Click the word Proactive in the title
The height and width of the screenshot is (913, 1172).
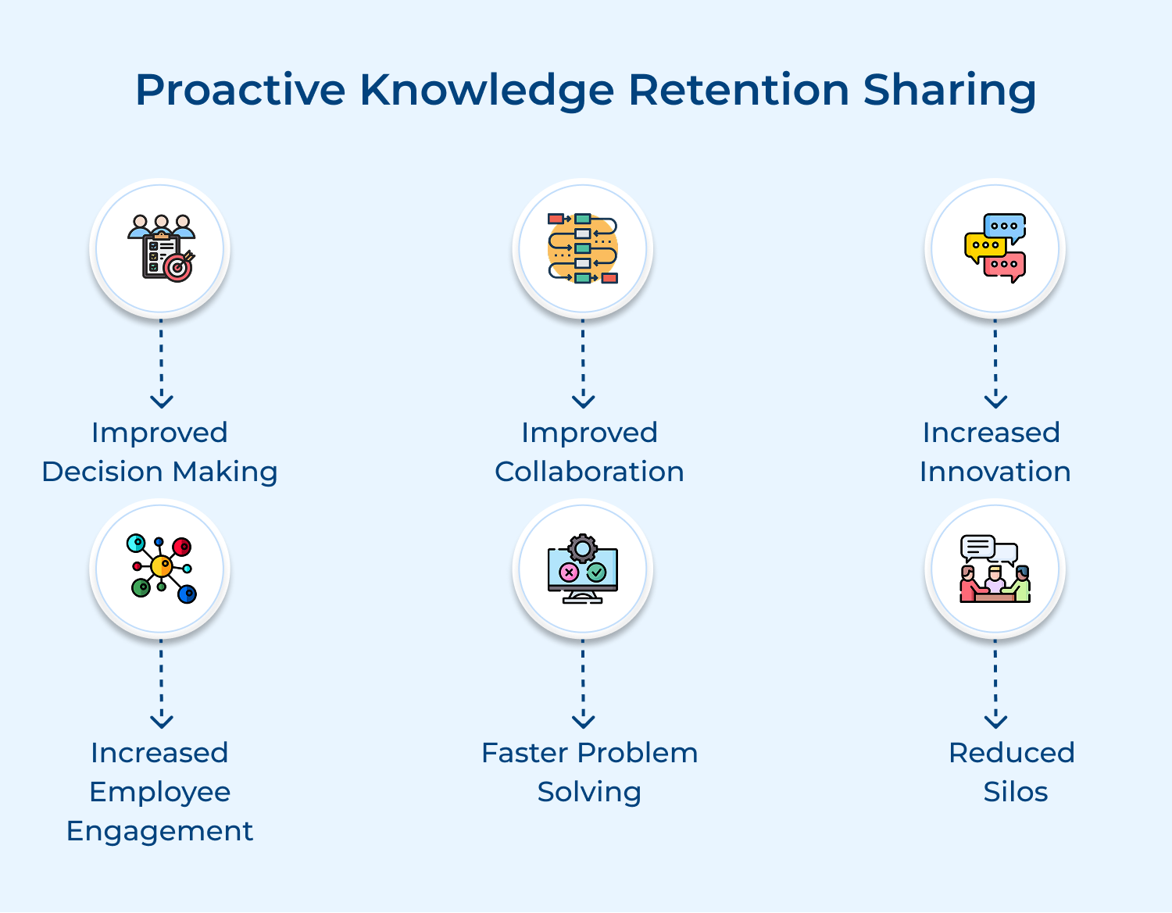coord(240,90)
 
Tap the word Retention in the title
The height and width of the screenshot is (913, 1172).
coord(738,90)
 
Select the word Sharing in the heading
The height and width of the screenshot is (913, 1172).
coord(949,91)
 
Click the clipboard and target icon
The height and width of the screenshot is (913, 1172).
coord(161,248)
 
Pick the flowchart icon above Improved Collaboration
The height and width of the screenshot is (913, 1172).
coord(583,248)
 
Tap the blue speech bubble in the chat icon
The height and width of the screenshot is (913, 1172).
coord(1005,226)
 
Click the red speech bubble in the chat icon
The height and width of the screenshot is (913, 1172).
coord(1005,266)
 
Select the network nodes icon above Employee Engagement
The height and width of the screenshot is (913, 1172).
coord(161,568)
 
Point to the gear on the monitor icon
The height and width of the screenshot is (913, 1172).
coord(583,547)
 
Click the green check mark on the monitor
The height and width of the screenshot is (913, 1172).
coord(596,572)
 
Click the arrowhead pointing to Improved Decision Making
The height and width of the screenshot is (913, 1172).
coord(161,401)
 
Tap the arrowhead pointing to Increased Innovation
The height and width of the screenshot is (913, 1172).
coord(995,401)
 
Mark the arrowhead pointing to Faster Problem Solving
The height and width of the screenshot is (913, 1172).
coord(583,721)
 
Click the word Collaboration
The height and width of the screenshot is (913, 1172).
coord(589,472)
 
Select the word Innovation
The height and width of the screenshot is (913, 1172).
coord(995,472)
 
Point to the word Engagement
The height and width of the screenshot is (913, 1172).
coord(159,831)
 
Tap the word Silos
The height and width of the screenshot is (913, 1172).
coord(1015,792)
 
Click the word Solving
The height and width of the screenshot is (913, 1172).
coord(589,792)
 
